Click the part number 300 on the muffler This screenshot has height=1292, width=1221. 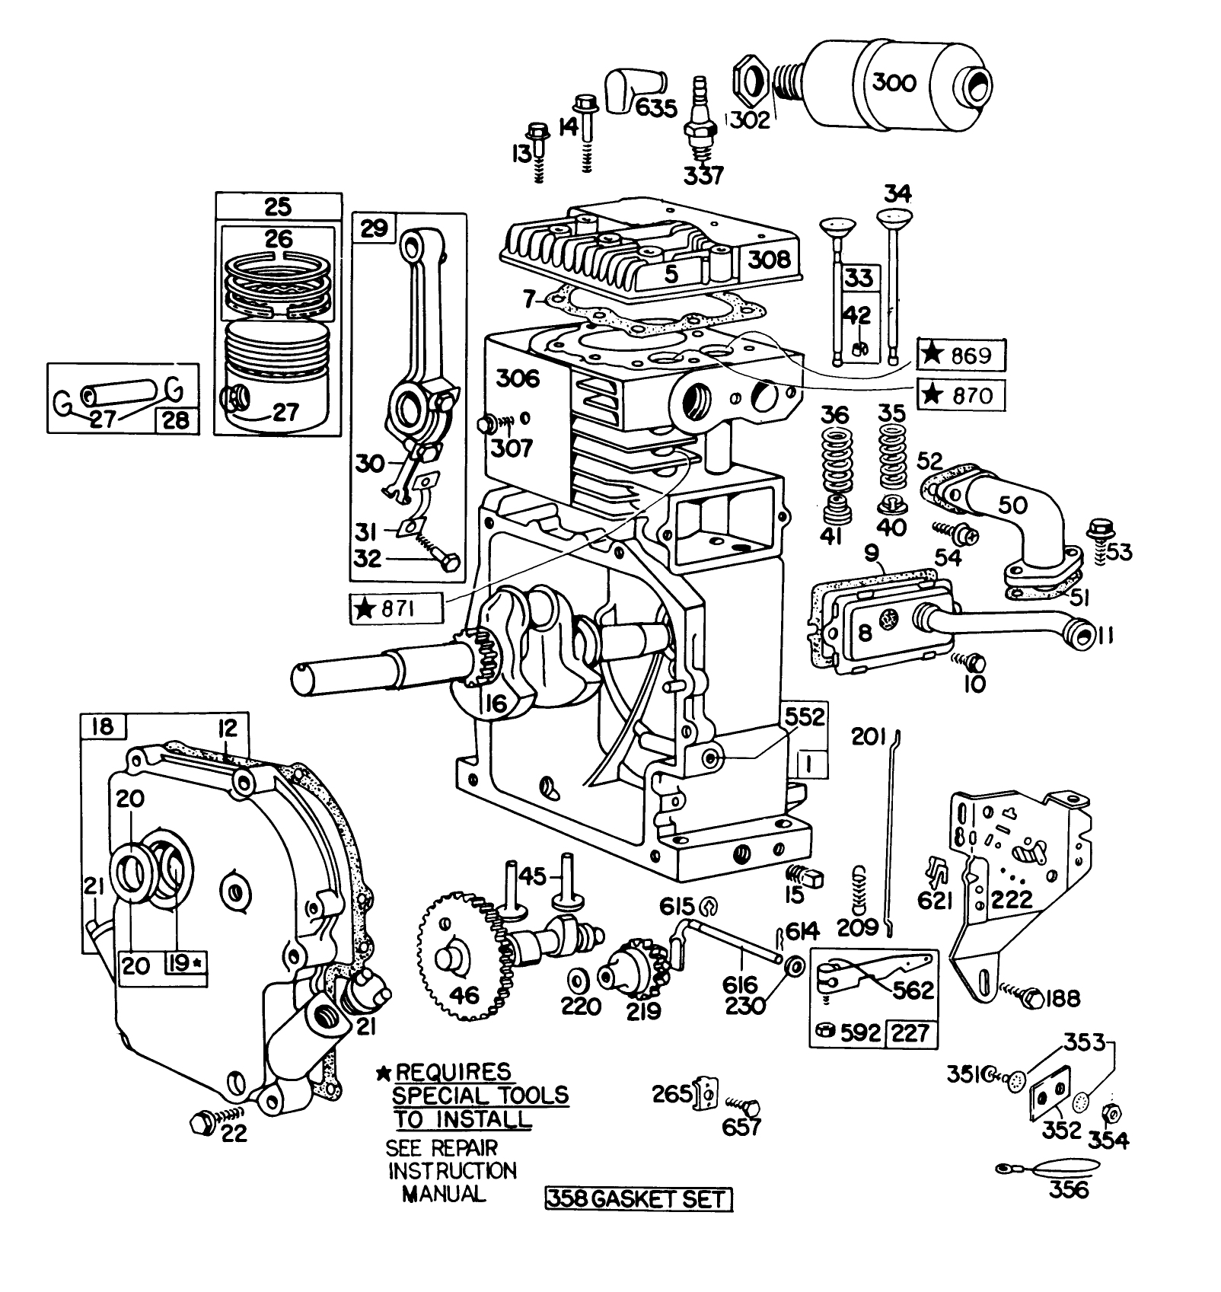point(894,82)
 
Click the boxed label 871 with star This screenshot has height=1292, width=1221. point(395,609)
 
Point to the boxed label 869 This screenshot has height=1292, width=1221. point(961,356)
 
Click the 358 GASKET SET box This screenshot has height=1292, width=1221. point(638,1200)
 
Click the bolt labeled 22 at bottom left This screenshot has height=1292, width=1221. point(202,1121)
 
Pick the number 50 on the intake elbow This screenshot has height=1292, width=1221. point(1012,506)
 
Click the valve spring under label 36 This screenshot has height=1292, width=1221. point(835,472)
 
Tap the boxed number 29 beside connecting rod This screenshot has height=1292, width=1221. point(374,228)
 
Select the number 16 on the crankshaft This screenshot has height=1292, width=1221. point(495,703)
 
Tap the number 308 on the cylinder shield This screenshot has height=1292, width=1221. point(769,260)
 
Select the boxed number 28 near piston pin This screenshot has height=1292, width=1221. point(176,420)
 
